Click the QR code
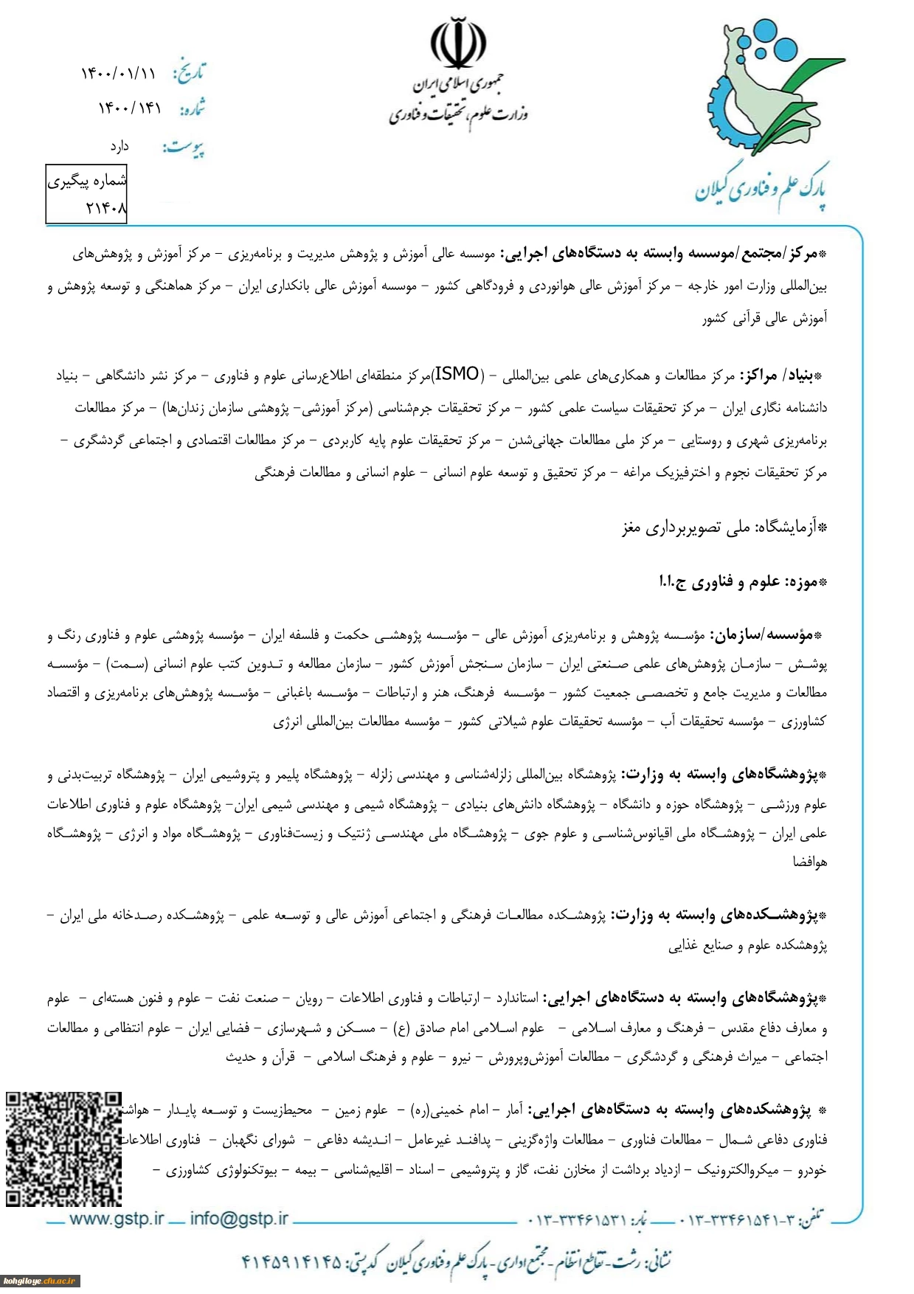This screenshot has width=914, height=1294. tap(63, 1148)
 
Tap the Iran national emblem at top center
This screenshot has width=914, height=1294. tap(458, 43)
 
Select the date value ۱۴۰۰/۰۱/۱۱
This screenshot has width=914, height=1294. tap(118, 73)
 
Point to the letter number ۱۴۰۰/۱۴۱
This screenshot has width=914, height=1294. tap(130, 108)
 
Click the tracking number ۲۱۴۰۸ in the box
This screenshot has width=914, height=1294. tap(106, 209)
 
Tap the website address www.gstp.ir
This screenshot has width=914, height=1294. tap(116, 1219)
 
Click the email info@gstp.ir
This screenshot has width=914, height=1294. tap(239, 1219)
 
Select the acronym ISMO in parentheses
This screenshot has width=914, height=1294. tap(457, 375)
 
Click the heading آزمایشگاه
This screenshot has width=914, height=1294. tap(793, 527)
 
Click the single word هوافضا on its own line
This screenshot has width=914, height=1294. tap(810, 861)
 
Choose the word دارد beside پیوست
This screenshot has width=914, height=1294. tap(120, 147)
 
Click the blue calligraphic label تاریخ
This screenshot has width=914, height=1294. tap(189, 72)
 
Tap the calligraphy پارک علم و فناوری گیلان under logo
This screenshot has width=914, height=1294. tap(761, 189)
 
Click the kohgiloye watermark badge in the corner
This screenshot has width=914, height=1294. tap(40, 1281)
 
